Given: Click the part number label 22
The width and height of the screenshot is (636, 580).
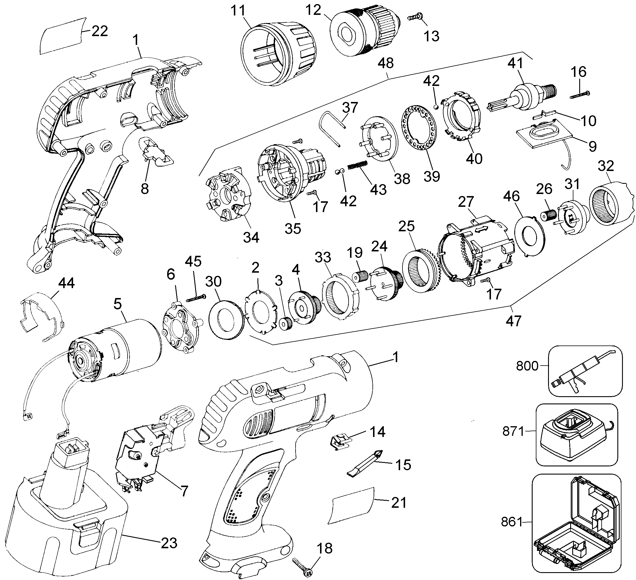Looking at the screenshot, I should click(x=100, y=31).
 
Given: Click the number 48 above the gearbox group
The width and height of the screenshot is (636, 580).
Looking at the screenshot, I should click(x=385, y=63).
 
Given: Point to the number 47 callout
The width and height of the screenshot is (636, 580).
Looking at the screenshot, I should click(x=513, y=321).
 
